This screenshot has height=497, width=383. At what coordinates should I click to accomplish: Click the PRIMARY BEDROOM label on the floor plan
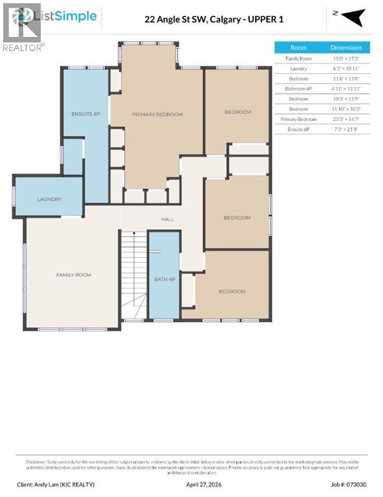tap(157, 115)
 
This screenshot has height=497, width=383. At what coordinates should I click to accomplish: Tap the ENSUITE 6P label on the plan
tap(85, 114)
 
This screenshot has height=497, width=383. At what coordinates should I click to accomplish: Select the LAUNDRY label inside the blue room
tap(49, 199)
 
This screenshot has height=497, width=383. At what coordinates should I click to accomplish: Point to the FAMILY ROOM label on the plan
tap(73, 275)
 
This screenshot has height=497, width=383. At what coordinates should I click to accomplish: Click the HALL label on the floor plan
tap(168, 219)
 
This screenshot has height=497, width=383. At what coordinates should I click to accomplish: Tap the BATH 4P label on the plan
tap(164, 279)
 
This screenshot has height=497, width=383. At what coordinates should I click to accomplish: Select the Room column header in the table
tap(298, 48)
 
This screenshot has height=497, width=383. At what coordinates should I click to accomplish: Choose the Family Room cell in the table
tap(298, 58)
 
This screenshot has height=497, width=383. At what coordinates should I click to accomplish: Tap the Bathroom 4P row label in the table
tap(298, 89)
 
